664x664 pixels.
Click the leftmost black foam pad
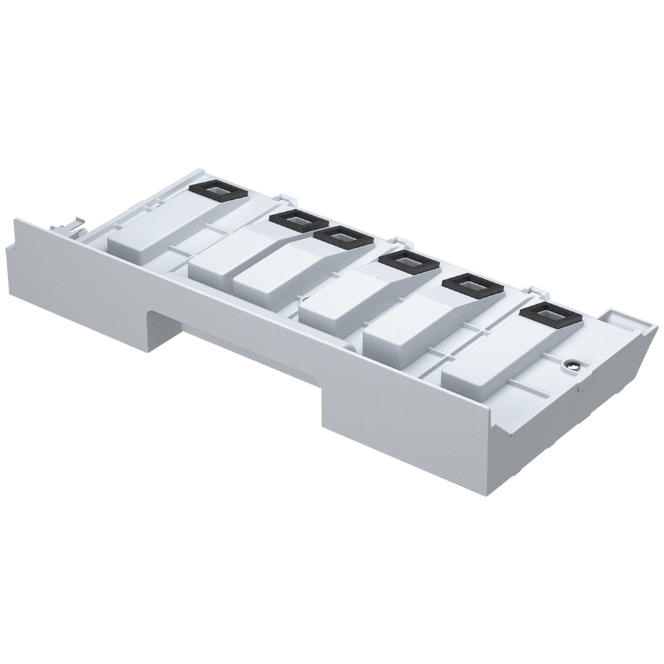pos(216,191)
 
